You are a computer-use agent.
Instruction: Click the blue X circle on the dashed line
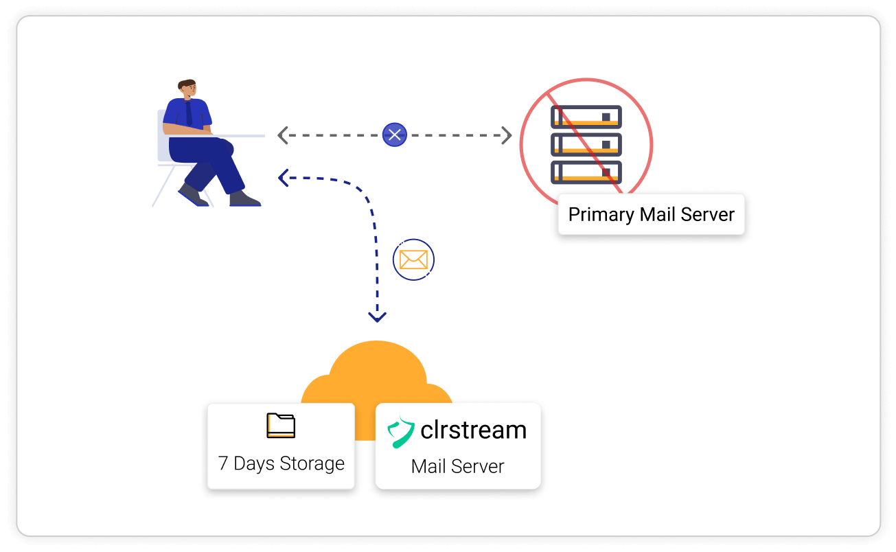point(395,135)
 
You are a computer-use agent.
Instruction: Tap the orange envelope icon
point(413,260)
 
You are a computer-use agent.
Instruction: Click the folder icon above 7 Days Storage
point(281,426)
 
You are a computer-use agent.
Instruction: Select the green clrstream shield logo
point(401,432)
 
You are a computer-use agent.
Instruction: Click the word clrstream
point(473,430)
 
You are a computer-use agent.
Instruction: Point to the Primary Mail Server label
point(651,214)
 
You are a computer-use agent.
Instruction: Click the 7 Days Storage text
point(282,463)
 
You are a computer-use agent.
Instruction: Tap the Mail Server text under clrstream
point(457,466)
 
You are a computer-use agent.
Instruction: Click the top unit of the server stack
point(586,117)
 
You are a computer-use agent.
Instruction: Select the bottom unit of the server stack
point(586,172)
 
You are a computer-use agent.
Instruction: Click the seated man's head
point(187,89)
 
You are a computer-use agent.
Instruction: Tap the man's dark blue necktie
point(189,113)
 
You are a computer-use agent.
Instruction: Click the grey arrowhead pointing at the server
point(507,135)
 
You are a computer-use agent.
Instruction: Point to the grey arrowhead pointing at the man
point(282,135)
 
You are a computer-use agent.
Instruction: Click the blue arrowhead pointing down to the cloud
point(377,317)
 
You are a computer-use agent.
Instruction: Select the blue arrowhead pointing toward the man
point(282,178)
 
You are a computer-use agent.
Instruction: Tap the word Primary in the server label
point(601,214)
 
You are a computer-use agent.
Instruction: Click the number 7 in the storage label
point(223,463)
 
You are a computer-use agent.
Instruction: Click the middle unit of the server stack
point(586,144)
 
